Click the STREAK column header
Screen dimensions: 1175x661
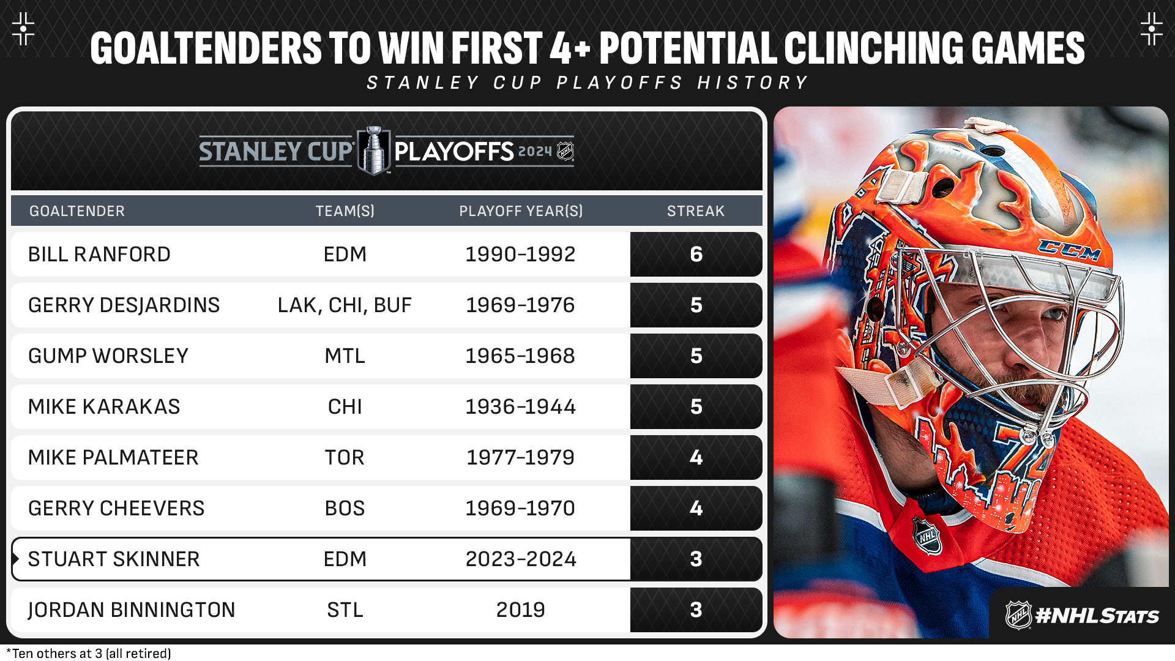696,211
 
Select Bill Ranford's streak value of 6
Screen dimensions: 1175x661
696,254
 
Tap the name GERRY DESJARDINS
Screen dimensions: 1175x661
124,305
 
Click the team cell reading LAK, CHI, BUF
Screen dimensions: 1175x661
345,305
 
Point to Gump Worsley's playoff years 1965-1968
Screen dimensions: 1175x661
520,356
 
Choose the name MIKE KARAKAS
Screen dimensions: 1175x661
104,406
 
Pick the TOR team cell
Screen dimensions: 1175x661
345,457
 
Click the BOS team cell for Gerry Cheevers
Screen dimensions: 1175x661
345,508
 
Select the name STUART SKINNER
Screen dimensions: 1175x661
114,559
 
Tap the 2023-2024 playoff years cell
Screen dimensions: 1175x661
521,559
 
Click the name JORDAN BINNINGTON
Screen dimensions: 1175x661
132,610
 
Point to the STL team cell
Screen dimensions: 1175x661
345,610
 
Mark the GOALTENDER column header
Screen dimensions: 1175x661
77,211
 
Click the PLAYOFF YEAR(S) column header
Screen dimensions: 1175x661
521,211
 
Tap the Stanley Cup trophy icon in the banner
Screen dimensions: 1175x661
373,151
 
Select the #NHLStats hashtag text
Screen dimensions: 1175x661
1097,616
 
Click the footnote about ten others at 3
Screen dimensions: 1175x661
89,654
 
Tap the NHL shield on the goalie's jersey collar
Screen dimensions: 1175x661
927,536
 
